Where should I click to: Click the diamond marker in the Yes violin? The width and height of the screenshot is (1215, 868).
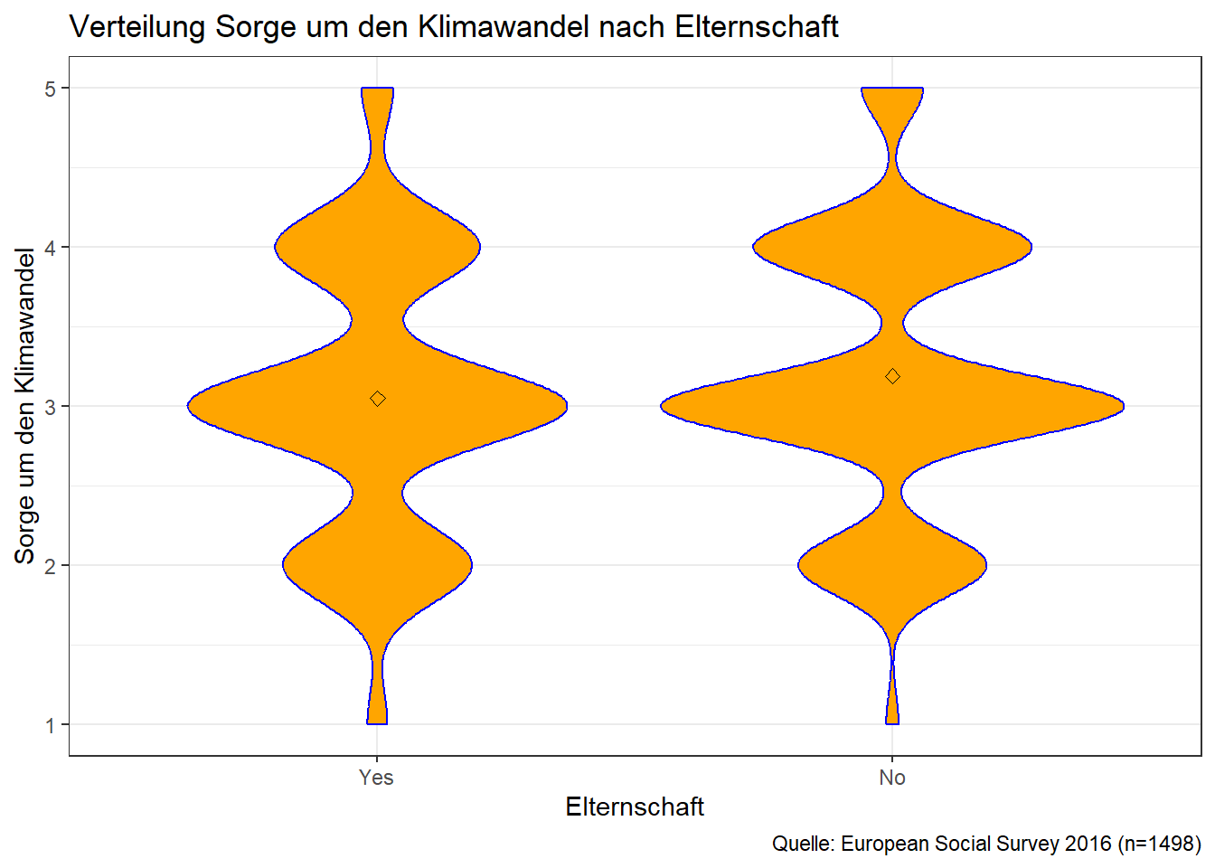(378, 399)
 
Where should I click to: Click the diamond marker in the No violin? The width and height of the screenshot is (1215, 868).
(892, 376)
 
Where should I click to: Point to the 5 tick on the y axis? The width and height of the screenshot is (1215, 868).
(51, 89)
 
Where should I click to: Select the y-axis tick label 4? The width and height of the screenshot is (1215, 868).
(51, 248)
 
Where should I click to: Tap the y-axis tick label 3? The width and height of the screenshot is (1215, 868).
(51, 407)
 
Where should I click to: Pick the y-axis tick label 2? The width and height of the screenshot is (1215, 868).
(51, 566)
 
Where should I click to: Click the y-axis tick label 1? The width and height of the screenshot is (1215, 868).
(51, 725)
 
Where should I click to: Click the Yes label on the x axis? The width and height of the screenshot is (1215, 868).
(376, 778)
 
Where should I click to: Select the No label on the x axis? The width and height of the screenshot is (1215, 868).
(892, 778)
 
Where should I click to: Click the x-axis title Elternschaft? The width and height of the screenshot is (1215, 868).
(635, 807)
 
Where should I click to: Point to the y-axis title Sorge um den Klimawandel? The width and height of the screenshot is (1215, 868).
(24, 406)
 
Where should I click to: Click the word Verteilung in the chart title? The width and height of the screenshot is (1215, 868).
(138, 27)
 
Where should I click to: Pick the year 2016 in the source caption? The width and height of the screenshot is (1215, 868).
(1088, 844)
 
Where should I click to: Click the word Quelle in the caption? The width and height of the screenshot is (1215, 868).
(803, 844)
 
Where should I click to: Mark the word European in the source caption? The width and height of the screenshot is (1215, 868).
(885, 844)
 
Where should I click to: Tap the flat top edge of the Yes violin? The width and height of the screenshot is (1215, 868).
(377, 89)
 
